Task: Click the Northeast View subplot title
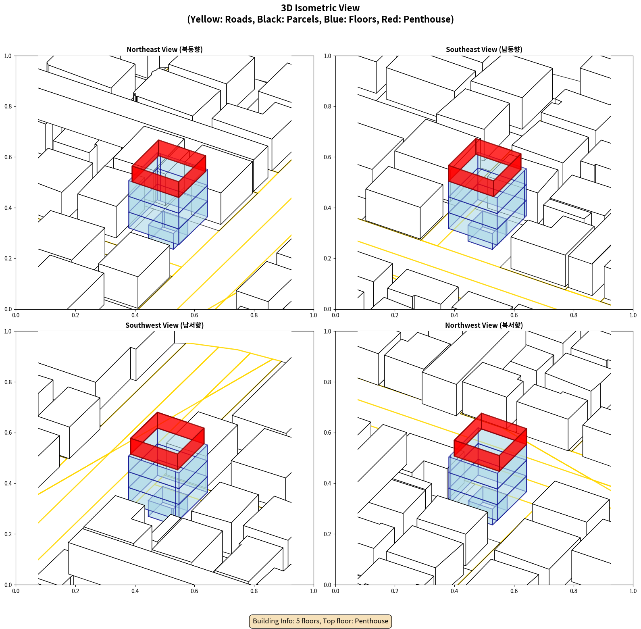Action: point(164,50)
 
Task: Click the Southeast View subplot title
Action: point(484,50)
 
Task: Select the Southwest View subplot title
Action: point(164,325)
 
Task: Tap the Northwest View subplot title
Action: point(484,325)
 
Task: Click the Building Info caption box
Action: point(320,621)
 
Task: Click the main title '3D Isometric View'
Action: point(320,8)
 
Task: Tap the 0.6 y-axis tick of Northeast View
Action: point(8,157)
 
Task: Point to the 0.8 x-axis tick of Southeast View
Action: point(574,315)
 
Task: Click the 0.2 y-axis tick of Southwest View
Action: point(8,534)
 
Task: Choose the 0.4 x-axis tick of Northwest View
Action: point(454,591)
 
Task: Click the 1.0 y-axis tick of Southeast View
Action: point(327,56)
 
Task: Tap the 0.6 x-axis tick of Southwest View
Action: point(194,591)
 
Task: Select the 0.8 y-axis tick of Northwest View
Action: point(327,382)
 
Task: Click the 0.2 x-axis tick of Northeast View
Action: point(75,315)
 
